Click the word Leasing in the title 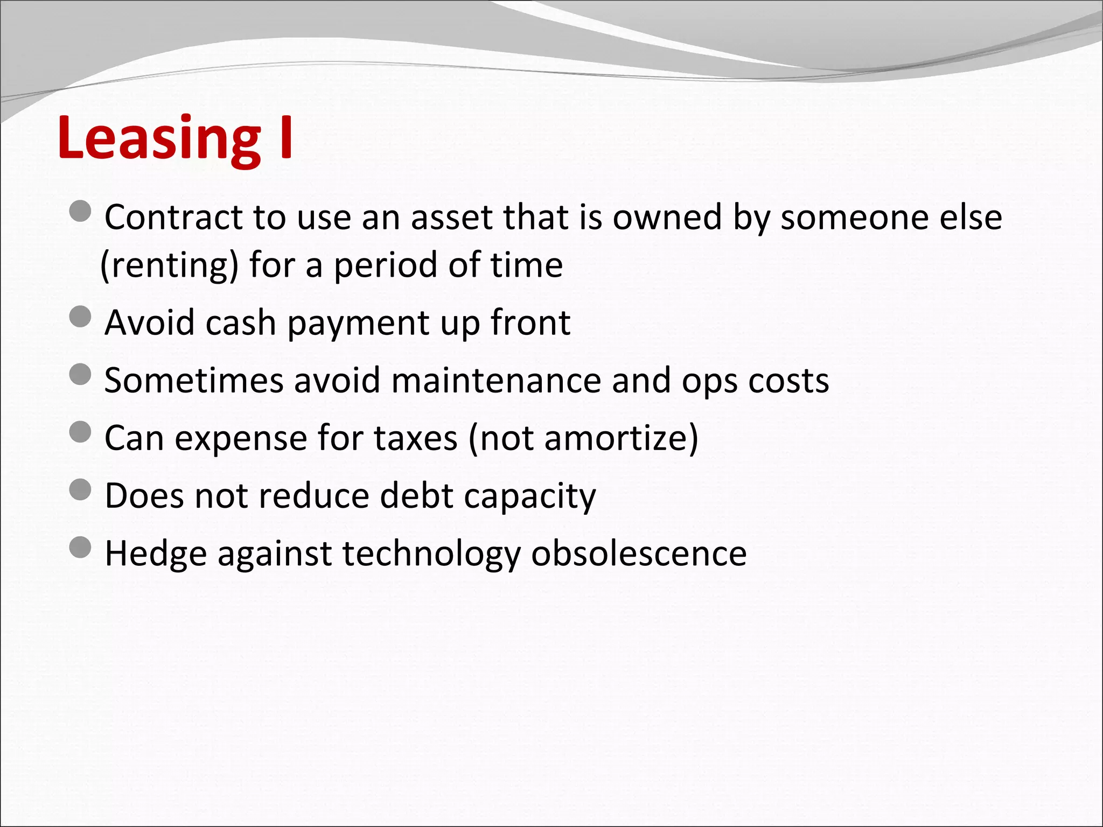click(159, 139)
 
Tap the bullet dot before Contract click(81, 212)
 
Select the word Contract click(173, 218)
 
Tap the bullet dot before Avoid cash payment click(81, 317)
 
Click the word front click(530, 323)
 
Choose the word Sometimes click(194, 381)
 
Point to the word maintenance click(495, 381)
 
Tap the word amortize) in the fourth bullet click(621, 438)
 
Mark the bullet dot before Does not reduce click(81, 490)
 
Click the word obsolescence click(639, 553)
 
